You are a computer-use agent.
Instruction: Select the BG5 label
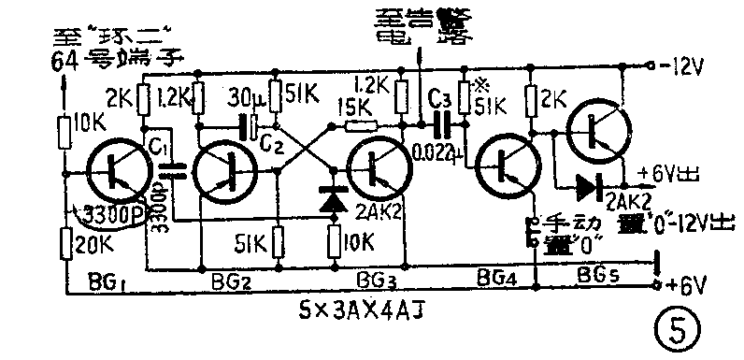[596, 275]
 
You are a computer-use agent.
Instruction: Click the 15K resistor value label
[358, 107]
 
